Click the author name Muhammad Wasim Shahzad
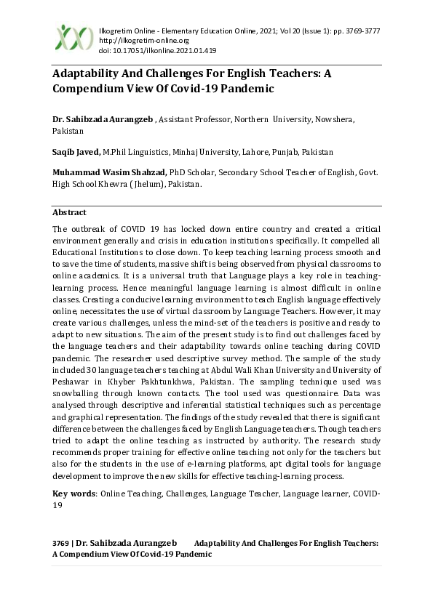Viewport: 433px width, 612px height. pos(108,173)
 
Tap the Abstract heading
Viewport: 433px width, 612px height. pos(69,212)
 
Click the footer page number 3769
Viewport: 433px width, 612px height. pos(62,543)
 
